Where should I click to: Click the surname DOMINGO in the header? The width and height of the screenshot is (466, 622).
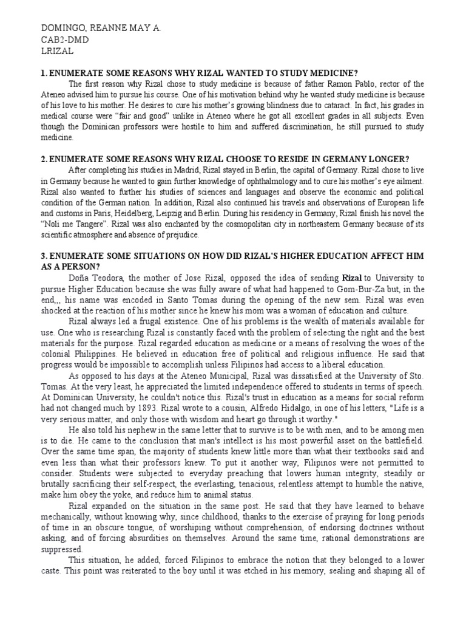(x=59, y=29)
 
